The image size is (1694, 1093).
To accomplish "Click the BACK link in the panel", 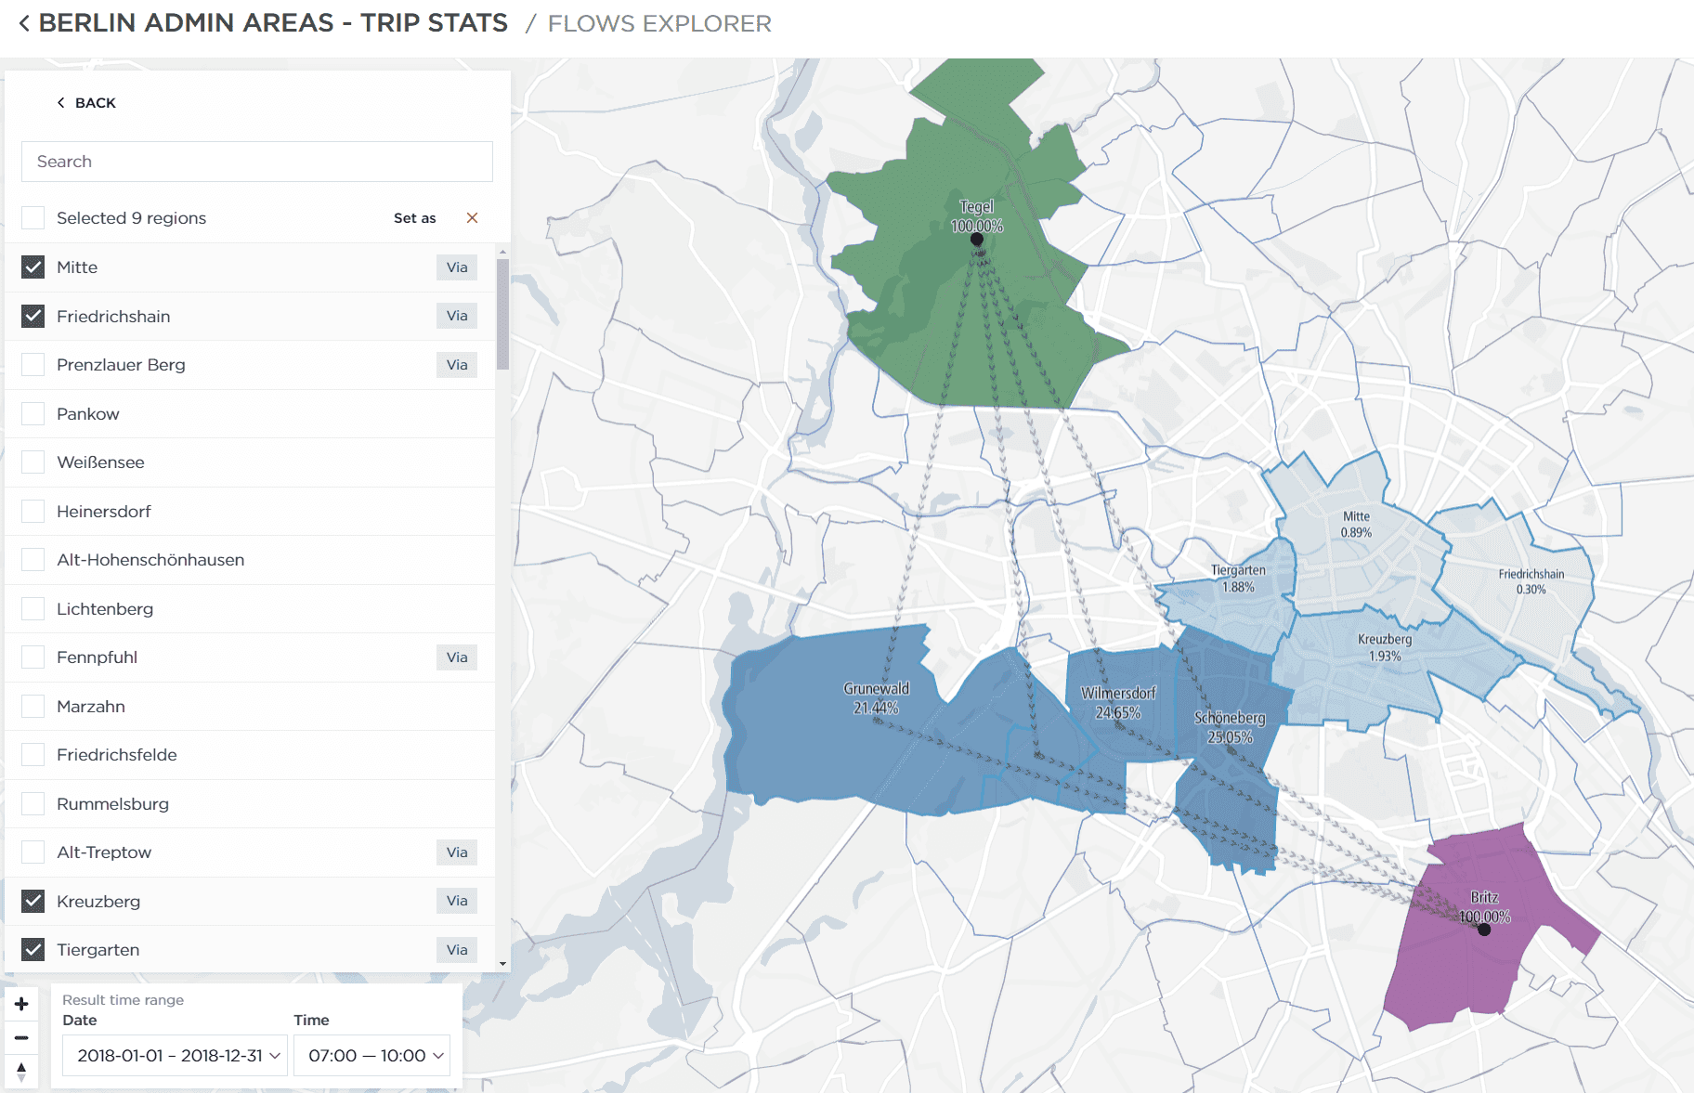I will [x=87, y=103].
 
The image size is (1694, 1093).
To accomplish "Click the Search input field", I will [x=256, y=162].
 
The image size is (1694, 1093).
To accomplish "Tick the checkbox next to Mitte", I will [x=33, y=267].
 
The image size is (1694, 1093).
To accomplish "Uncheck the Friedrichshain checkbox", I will [x=33, y=317].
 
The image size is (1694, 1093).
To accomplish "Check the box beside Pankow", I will [x=33, y=414].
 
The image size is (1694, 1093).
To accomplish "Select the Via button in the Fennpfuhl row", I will [x=456, y=657].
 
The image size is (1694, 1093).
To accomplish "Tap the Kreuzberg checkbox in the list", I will [x=33, y=901].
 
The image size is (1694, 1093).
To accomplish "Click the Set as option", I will [x=414, y=218].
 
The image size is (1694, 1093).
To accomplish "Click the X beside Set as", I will [x=472, y=218].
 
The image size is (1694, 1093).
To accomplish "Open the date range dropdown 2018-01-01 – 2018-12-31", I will [x=175, y=1056].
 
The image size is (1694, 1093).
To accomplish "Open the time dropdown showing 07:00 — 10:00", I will [x=371, y=1056].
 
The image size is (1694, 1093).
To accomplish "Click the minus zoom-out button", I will [x=21, y=1037].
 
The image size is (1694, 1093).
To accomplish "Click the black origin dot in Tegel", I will [x=977, y=240].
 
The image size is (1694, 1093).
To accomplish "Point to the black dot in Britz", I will [x=1484, y=930].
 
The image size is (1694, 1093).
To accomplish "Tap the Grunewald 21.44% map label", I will [x=876, y=698].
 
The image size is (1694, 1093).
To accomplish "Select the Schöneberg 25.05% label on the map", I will [x=1230, y=728].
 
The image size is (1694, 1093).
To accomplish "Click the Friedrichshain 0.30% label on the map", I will [x=1531, y=581].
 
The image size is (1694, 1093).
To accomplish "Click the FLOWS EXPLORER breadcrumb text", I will [x=659, y=23].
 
